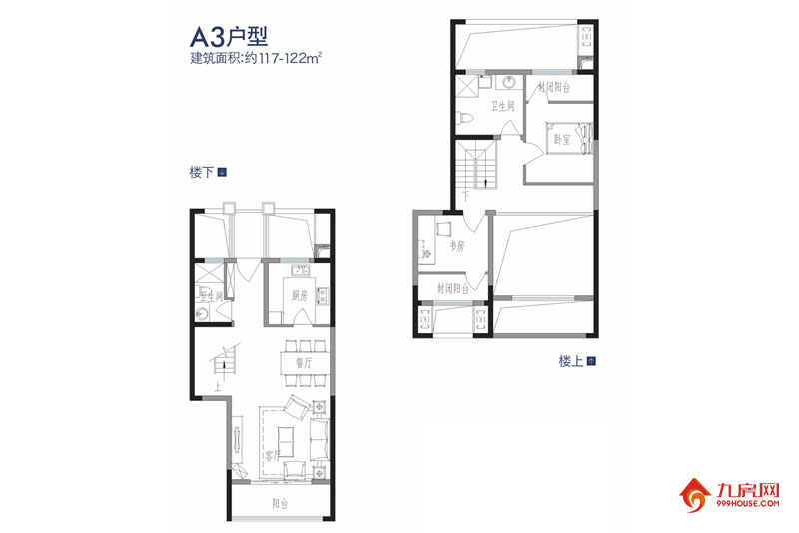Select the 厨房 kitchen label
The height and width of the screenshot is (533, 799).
299,295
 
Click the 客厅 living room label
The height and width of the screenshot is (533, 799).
271,455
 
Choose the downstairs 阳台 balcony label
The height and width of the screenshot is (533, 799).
278,502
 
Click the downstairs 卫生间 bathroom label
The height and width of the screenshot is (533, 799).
211,296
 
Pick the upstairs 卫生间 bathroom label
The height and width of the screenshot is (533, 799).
502,105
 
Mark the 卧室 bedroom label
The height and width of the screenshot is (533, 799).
563,141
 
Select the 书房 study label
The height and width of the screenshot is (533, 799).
457,245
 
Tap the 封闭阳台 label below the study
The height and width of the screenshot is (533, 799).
454,288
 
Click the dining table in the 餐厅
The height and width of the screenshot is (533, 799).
297,366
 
